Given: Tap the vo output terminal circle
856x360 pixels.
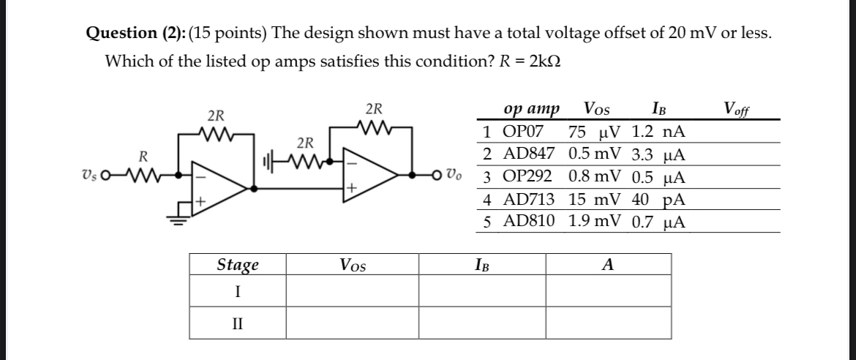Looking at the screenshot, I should [x=438, y=176].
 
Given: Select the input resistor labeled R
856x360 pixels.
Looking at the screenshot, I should [x=144, y=176].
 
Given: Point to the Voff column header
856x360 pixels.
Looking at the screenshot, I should [x=737, y=110].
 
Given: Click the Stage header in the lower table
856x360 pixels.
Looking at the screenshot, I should [x=238, y=264].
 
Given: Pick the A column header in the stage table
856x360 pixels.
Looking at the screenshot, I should [x=607, y=265].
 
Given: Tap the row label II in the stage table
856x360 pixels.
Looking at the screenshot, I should [x=238, y=321].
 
